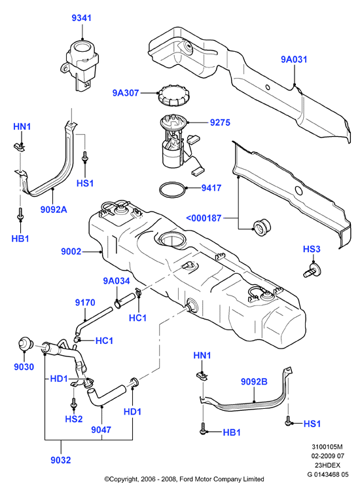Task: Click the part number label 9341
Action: [82, 18]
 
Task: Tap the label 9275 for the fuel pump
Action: [220, 123]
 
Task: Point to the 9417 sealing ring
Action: [172, 190]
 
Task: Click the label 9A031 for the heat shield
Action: [294, 60]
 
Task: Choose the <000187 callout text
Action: [204, 218]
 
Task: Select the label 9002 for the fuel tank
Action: [71, 252]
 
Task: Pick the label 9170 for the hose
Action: [85, 303]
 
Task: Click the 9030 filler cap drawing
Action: [26, 344]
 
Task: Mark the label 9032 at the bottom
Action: [61, 460]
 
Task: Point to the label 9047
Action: [101, 429]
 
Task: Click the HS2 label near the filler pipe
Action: [74, 419]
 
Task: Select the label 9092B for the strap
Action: [254, 381]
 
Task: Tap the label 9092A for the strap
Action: [54, 209]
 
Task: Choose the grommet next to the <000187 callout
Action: [261, 227]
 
